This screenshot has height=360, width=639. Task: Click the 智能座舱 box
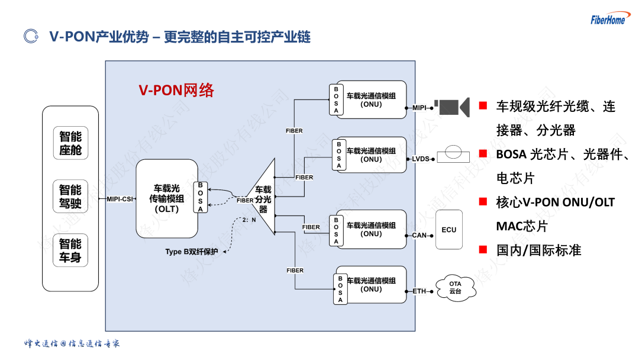[x=70, y=143]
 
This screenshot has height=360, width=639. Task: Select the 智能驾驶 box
[x=70, y=196]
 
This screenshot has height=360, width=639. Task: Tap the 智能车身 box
[x=70, y=250]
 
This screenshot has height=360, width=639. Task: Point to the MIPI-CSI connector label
[x=120, y=199]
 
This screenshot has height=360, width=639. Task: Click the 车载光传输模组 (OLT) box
[x=167, y=198]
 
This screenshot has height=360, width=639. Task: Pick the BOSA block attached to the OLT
[x=200, y=197]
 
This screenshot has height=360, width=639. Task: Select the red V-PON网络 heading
[x=176, y=90]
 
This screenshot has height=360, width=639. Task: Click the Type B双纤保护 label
[x=192, y=252]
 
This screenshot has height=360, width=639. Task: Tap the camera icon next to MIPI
[x=452, y=107]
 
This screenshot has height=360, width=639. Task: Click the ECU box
[x=448, y=230]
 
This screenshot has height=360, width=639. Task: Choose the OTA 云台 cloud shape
[x=456, y=288]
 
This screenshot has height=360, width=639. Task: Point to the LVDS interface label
[x=421, y=159]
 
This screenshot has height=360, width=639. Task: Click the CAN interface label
[x=419, y=235]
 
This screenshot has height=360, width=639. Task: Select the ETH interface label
[x=419, y=291]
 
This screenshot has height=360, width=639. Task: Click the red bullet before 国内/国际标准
[x=483, y=249]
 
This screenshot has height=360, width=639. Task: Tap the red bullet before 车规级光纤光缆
[x=483, y=105]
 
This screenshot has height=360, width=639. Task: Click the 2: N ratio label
[x=249, y=220]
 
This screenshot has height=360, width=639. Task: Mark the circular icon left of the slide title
[x=31, y=36]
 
